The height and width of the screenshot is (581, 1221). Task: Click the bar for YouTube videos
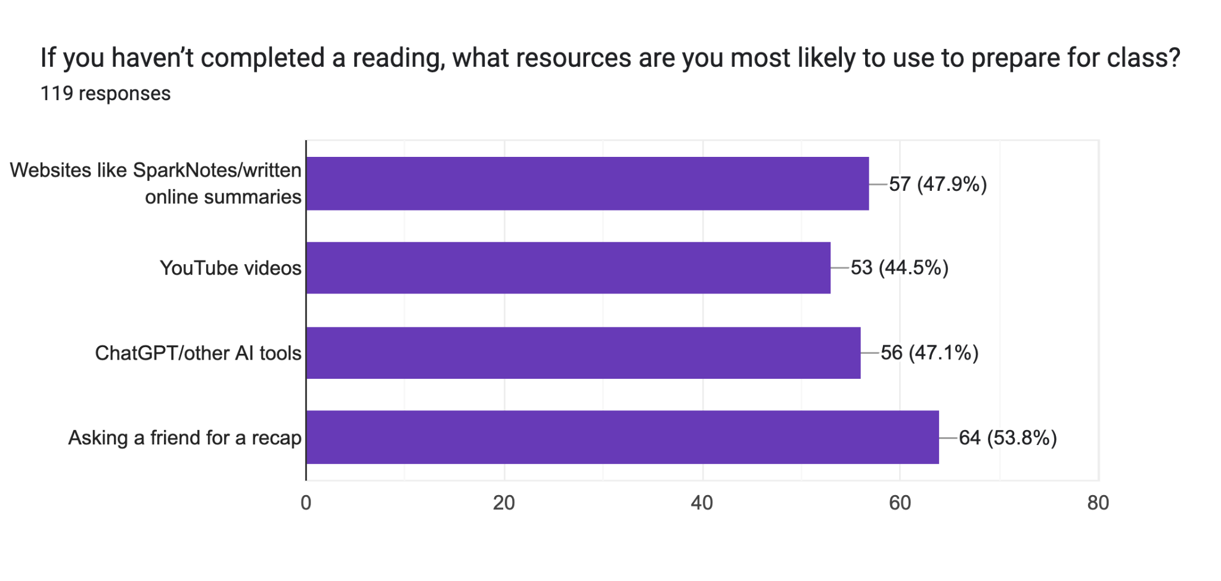point(568,268)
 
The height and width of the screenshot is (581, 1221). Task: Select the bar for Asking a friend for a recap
point(622,437)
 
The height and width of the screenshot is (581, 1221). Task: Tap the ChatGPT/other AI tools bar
point(582,353)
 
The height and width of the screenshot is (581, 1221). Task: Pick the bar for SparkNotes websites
point(587,184)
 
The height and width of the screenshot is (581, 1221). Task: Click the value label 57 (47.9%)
point(938,184)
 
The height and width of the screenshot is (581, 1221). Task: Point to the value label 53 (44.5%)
point(899,268)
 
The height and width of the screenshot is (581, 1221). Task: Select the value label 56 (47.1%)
point(929,353)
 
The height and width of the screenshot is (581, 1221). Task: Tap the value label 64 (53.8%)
point(1008,438)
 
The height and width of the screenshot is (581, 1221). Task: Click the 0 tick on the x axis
point(306,503)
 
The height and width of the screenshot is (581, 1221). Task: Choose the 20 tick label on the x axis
point(504,503)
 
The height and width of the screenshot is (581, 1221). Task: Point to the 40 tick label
point(702,503)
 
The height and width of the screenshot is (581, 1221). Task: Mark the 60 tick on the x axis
point(900,503)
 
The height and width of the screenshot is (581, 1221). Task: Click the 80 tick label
point(1098,503)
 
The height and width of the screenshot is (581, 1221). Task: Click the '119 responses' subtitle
point(106,94)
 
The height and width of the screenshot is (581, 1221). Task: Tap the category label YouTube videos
point(230,268)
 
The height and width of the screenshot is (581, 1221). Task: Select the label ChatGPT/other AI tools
point(198,353)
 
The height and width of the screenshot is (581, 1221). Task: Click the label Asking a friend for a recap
point(185,438)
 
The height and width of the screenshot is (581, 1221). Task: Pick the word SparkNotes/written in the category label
point(217,171)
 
